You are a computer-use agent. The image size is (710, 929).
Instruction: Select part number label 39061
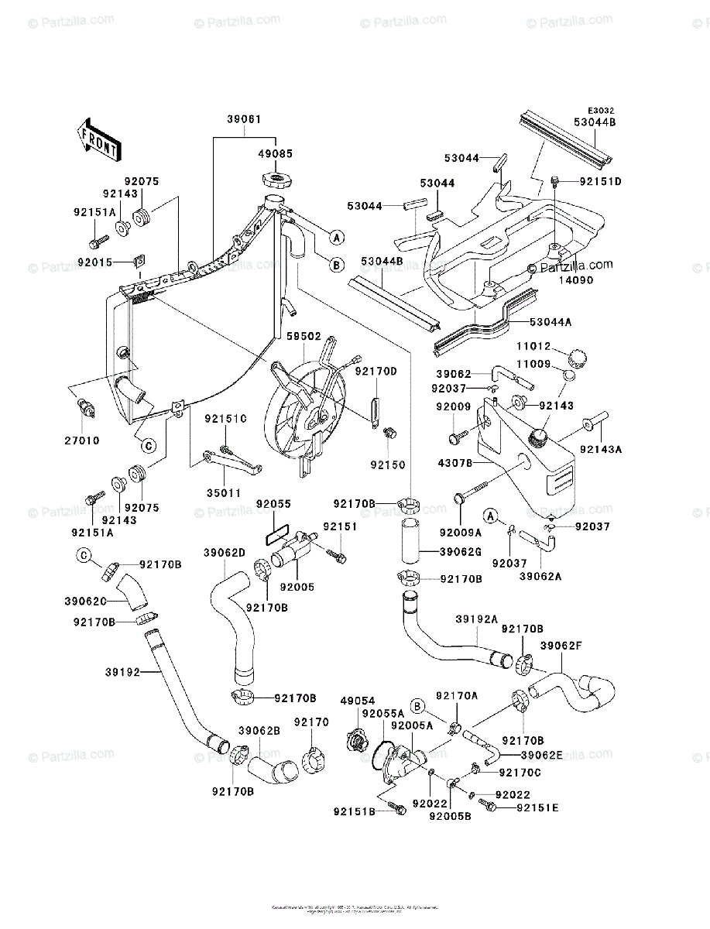[x=244, y=120]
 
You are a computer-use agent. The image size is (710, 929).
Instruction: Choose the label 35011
[x=225, y=492]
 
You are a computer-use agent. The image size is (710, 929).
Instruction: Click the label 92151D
[x=600, y=182]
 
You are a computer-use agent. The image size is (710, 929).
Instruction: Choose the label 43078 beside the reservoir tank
[x=454, y=464]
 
